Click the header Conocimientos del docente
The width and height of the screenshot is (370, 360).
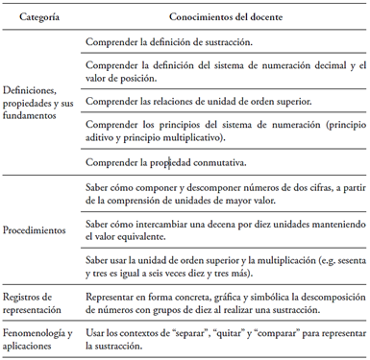[x=225, y=17]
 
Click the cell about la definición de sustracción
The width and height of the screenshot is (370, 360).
[x=169, y=42]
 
